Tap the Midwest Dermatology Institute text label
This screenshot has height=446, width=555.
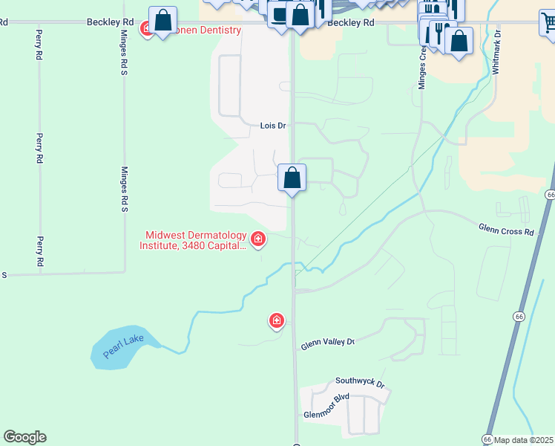point(194,239)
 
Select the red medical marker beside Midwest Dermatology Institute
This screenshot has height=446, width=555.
point(258,239)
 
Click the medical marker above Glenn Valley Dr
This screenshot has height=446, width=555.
point(277,320)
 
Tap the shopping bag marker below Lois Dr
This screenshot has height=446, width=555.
point(292,178)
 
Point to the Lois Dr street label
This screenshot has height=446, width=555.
point(273,126)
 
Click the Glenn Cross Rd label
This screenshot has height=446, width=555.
point(506,231)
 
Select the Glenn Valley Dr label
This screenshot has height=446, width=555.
point(327,343)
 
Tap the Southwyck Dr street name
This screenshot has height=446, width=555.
point(360,383)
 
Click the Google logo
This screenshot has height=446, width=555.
point(24,437)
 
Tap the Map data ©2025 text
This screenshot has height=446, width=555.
point(524,440)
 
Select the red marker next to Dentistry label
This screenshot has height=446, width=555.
point(147,30)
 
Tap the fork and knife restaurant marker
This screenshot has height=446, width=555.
point(439,33)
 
